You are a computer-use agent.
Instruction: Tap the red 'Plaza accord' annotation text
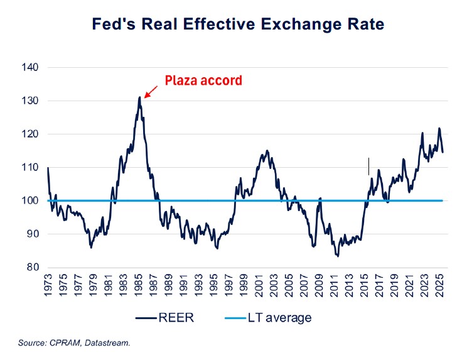203,80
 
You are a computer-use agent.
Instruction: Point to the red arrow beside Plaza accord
151,92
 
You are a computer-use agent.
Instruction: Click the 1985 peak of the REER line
139,97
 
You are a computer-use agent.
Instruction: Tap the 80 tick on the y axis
33,267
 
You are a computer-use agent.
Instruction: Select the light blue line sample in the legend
239,317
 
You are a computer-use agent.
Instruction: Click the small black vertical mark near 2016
368,166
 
